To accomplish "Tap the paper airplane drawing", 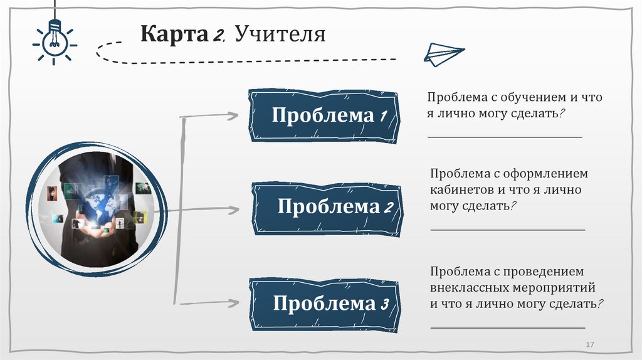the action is click(445, 55).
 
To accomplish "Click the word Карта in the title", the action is click(174, 33).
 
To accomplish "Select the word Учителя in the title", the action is click(280, 33).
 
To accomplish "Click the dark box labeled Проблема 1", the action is click(324, 116).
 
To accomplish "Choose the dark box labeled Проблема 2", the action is click(327, 208).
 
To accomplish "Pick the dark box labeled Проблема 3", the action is click(324, 304).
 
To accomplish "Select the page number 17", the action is click(589, 345).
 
